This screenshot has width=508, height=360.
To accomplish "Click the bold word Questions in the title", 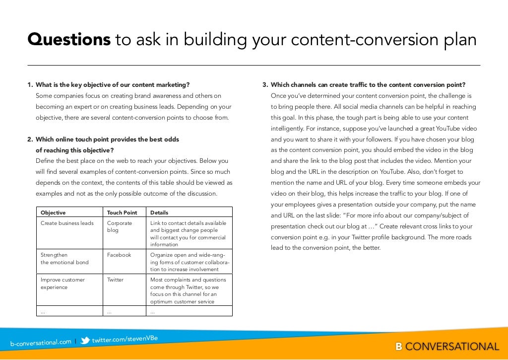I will (68, 40).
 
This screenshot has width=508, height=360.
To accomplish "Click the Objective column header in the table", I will (53, 213).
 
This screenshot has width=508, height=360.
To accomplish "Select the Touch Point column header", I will (122, 213).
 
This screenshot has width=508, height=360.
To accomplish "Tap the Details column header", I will (159, 213).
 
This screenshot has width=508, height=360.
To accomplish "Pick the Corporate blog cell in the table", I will (120, 226).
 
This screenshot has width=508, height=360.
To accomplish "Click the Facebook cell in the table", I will (119, 255).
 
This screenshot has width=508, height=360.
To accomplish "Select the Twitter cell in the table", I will (116, 280).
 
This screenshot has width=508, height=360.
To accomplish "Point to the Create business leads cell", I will (67, 223).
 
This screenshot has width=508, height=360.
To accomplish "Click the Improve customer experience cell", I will (63, 283).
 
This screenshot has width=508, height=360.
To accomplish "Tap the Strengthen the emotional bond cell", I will (64, 258).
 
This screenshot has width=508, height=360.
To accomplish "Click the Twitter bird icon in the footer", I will (85, 341).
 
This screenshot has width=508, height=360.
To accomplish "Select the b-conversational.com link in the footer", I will (41, 342).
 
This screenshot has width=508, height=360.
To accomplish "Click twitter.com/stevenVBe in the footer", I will (125, 339).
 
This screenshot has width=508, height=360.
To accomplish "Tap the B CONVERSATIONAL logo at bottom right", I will (447, 347).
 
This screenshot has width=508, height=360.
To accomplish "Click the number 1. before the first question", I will (30, 85).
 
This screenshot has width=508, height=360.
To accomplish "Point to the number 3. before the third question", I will (265, 85).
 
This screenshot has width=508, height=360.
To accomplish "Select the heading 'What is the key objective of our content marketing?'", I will (113, 85).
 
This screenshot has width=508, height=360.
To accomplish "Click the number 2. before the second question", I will (30, 140).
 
